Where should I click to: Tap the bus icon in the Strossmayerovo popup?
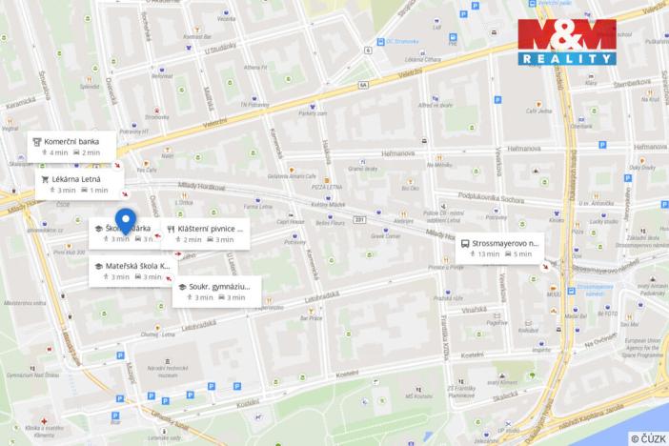pos(464,243)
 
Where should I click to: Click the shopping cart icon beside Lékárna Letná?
pos(44,178)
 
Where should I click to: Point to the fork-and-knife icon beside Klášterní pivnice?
pos(171,229)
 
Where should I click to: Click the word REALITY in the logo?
pos(568,58)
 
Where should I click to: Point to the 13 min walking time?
pos(489,254)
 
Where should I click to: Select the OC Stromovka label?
pos(404,40)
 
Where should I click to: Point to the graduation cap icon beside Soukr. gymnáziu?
pos(181,286)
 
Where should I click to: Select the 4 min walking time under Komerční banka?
pos(58,152)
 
